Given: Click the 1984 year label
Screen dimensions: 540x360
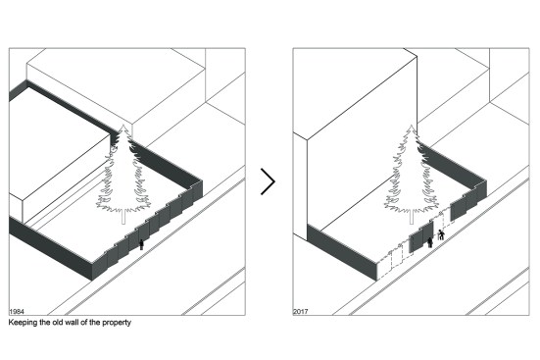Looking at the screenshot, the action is [x=17, y=312].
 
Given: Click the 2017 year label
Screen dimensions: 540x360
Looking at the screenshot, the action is [x=300, y=312].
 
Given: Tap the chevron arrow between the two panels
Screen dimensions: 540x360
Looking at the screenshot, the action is [x=269, y=181].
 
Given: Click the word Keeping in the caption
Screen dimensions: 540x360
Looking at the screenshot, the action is [x=23, y=323].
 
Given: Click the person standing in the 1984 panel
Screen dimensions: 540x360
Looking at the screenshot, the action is [x=141, y=244].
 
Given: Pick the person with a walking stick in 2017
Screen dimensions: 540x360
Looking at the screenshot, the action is [x=441, y=234].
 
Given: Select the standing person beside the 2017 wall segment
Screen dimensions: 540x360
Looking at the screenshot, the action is [x=430, y=242].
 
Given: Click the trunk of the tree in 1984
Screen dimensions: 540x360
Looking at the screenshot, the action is [x=124, y=217].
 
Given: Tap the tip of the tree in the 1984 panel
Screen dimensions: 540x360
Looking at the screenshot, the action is [x=123, y=126].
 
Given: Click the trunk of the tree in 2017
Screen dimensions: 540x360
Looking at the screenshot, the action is [x=412, y=217].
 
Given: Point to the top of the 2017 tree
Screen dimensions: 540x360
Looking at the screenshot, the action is [x=412, y=126].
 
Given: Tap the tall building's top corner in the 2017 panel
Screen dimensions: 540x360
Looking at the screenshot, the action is [x=417, y=56].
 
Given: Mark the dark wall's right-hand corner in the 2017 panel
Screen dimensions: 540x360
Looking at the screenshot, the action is [x=485, y=182].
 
